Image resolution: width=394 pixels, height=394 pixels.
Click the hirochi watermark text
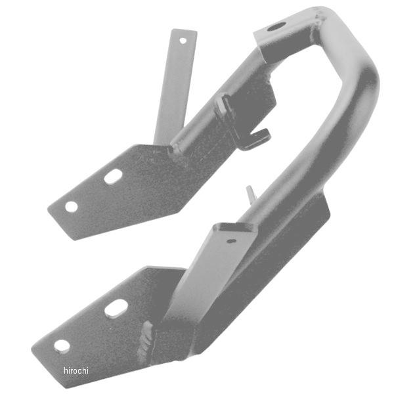pos(76,370)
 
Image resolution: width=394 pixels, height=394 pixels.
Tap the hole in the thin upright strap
pos(183,41)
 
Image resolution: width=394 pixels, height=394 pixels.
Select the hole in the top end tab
pos(276,27)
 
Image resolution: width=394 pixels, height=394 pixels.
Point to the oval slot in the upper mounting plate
pos(113,177)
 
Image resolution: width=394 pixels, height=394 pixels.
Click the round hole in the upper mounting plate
pos(72,206)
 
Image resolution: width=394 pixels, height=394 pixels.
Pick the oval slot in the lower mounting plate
pos(116,307)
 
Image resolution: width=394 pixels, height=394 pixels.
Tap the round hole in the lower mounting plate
pos(62,347)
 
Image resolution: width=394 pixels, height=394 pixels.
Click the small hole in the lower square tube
pos(231,241)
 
